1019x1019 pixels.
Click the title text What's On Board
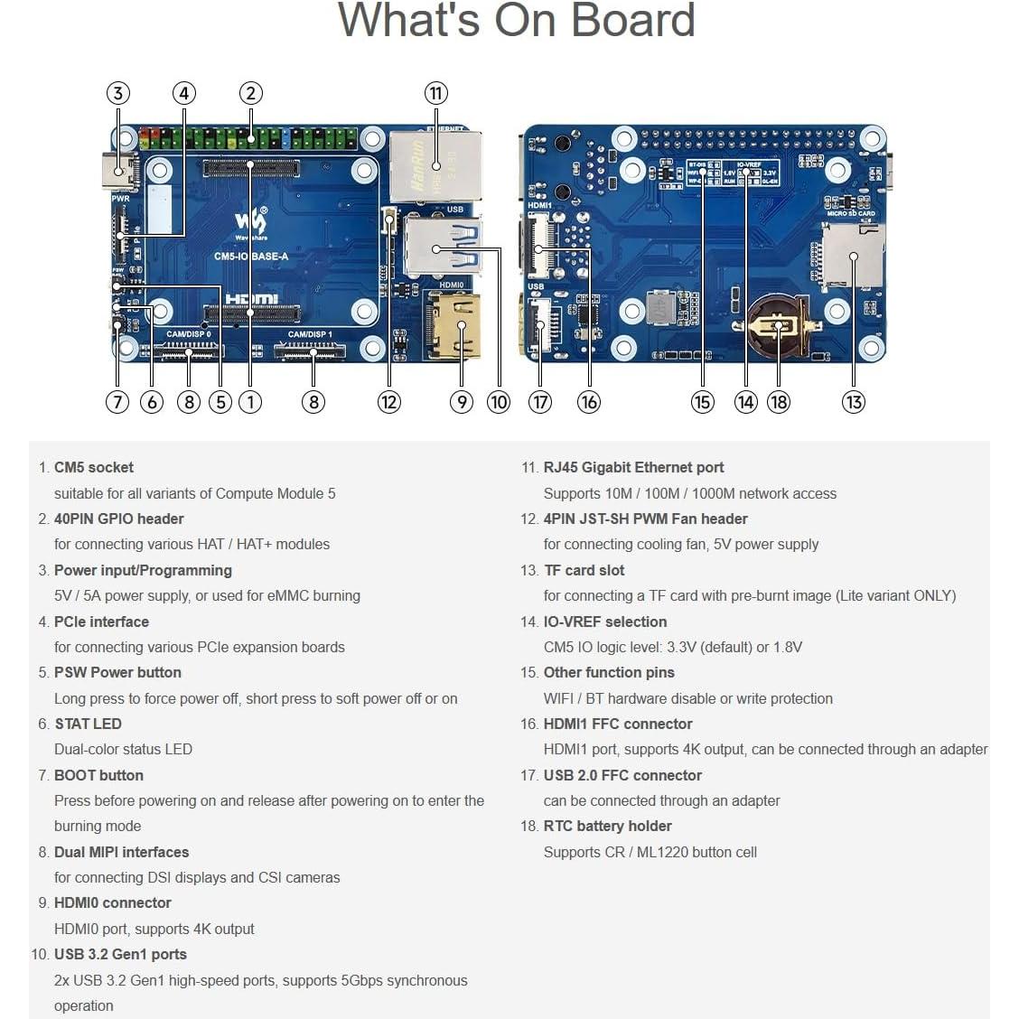[x=516, y=21]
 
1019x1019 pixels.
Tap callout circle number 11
[x=436, y=93]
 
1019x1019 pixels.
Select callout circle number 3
[x=117, y=93]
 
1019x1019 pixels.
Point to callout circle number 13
[x=853, y=402]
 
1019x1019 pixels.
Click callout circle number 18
[x=779, y=402]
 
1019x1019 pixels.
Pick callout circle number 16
[x=588, y=402]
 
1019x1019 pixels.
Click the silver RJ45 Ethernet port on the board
[x=435, y=167]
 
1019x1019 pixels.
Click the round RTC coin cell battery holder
[x=775, y=325]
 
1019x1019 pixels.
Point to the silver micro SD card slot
[x=852, y=256]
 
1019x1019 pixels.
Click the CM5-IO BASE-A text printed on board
[x=251, y=257]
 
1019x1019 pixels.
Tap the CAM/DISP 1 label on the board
[x=310, y=334]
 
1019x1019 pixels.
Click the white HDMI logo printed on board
[x=252, y=299]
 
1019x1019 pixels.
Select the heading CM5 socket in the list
[x=93, y=467]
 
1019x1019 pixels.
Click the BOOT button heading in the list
[x=98, y=775]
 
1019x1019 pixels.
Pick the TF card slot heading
[x=584, y=570]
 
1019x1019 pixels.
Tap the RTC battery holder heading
[x=607, y=826]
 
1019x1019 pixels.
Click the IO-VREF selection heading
[x=604, y=622]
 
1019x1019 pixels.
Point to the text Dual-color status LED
[x=123, y=749]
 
